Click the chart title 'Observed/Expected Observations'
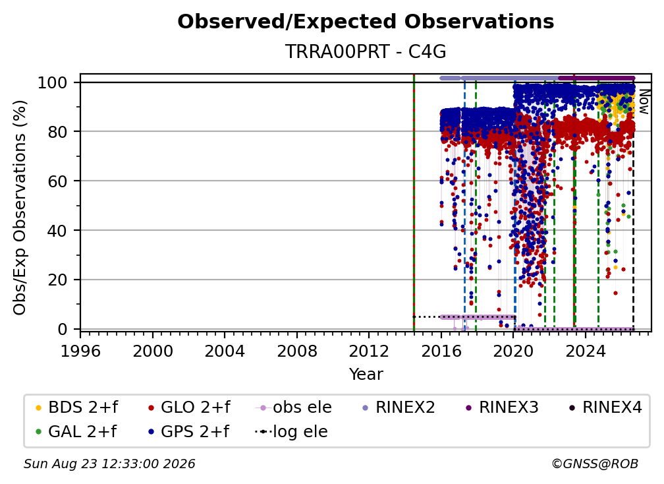click(x=366, y=22)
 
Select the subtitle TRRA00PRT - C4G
click(x=366, y=51)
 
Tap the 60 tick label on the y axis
click(x=57, y=181)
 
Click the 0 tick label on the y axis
click(x=63, y=329)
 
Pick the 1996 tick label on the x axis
click(x=80, y=351)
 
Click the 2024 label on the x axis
click(x=585, y=351)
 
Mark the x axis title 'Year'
click(x=366, y=375)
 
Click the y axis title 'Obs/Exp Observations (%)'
click(x=20, y=208)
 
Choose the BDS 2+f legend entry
click(x=76, y=408)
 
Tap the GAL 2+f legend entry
click(x=76, y=432)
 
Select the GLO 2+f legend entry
click(x=189, y=408)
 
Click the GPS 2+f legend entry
click(x=188, y=432)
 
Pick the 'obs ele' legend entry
click(x=294, y=408)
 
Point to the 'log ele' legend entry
click(x=291, y=432)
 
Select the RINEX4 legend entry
click(x=605, y=408)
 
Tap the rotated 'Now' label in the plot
click(x=644, y=102)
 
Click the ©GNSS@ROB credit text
click(x=595, y=464)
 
